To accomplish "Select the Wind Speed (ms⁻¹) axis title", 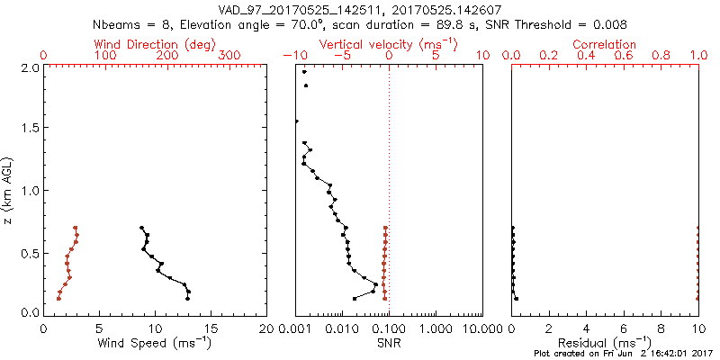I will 155,342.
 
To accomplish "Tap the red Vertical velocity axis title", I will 389,43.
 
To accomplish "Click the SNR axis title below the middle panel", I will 389,342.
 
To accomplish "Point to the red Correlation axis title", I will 605,43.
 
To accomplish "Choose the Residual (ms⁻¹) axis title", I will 605,342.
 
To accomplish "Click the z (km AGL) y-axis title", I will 8,190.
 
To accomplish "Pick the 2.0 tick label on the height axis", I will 29,67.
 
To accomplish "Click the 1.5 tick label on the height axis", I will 29,129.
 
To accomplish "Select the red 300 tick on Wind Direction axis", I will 230,56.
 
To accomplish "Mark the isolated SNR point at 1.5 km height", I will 296,121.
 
